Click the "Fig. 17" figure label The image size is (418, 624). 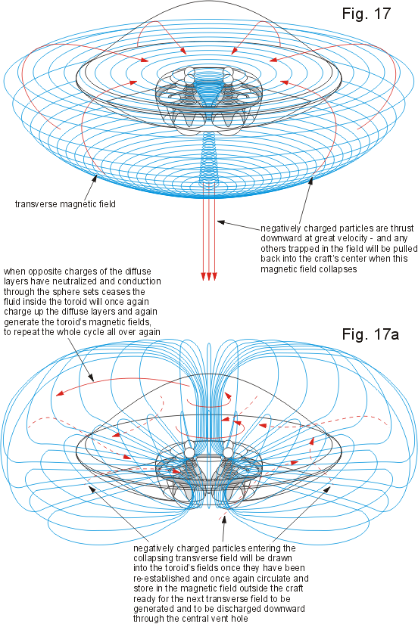click(367, 14)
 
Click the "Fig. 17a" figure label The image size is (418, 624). click(370, 334)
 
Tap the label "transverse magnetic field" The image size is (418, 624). click(65, 204)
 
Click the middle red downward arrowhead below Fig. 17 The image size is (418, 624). click(209, 277)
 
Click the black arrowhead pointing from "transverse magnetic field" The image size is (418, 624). click(95, 178)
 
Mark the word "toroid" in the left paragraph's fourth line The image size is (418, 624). click(95, 302)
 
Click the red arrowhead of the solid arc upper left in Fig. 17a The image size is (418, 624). click(60, 393)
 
